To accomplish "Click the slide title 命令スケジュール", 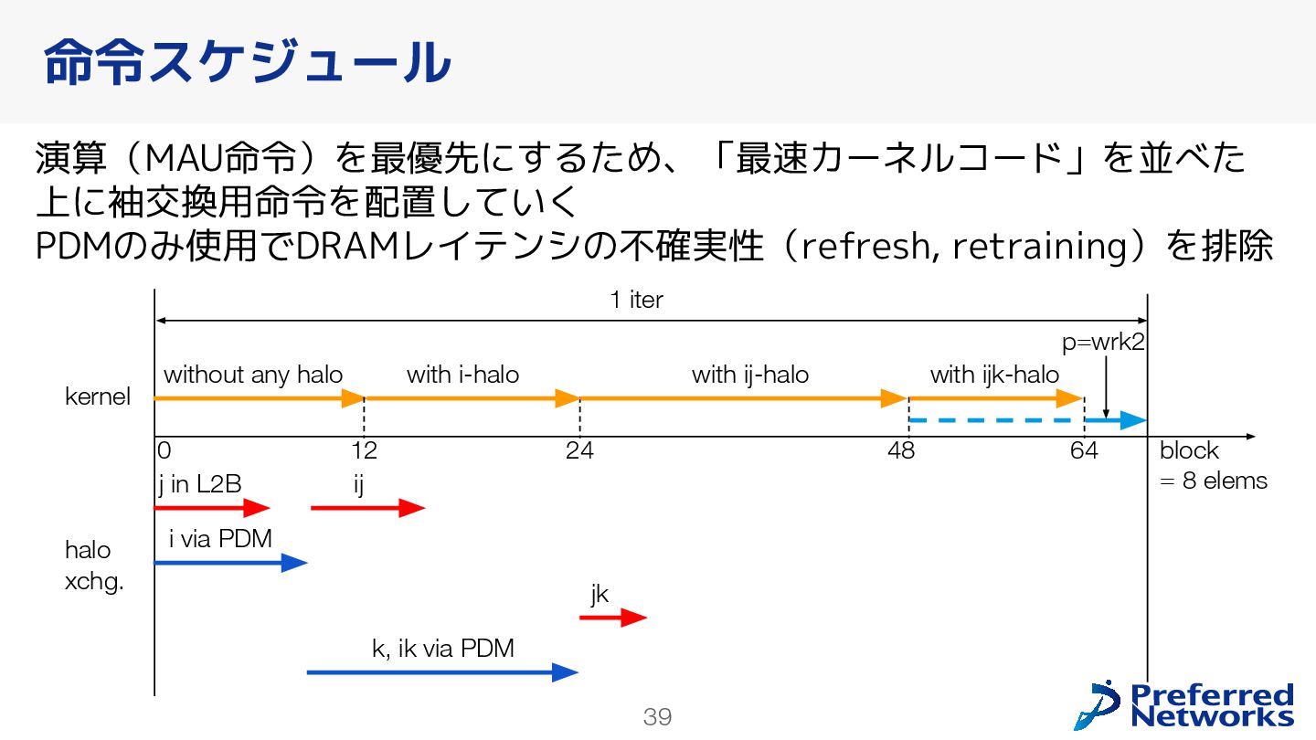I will pyautogui.click(x=247, y=62).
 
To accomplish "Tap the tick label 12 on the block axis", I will pyautogui.click(x=364, y=450).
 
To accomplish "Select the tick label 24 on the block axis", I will pyautogui.click(x=579, y=450).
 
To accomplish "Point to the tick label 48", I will pyautogui.click(x=900, y=450).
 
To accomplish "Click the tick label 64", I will pyautogui.click(x=1084, y=450).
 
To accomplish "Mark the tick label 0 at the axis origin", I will pyautogui.click(x=164, y=450).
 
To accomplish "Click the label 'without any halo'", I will pyautogui.click(x=253, y=375).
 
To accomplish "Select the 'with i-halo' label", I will pyautogui.click(x=462, y=375).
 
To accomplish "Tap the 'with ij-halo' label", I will pyautogui.click(x=749, y=375).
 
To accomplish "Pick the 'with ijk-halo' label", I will pyautogui.click(x=994, y=375).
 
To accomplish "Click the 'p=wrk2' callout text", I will pyautogui.click(x=1103, y=343).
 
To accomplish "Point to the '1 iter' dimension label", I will pyautogui.click(x=636, y=300).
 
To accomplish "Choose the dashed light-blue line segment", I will pyautogui.click(x=996, y=420).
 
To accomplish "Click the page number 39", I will pyautogui.click(x=657, y=717).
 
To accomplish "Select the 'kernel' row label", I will pyautogui.click(x=98, y=397).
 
